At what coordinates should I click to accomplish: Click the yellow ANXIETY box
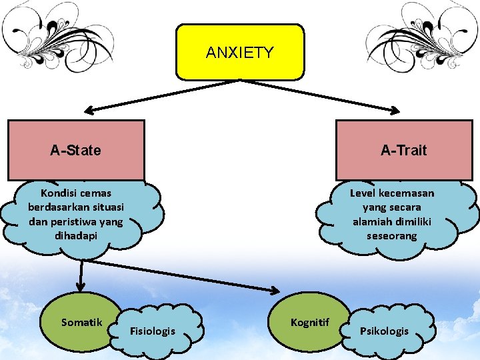click(240, 52)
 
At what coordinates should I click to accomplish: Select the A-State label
click(75, 150)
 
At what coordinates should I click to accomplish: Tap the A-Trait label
click(403, 150)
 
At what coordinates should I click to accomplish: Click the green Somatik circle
click(81, 322)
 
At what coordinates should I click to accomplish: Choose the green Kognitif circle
click(310, 322)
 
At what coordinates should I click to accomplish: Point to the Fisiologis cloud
click(153, 331)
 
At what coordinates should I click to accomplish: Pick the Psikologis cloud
click(384, 331)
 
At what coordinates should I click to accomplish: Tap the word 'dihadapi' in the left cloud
click(75, 236)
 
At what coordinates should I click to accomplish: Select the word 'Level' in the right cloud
click(363, 193)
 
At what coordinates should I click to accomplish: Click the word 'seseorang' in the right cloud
click(391, 236)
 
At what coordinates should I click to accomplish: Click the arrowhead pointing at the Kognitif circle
click(275, 290)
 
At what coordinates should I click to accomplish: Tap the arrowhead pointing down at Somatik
click(81, 287)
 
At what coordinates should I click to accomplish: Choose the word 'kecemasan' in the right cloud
click(407, 193)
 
